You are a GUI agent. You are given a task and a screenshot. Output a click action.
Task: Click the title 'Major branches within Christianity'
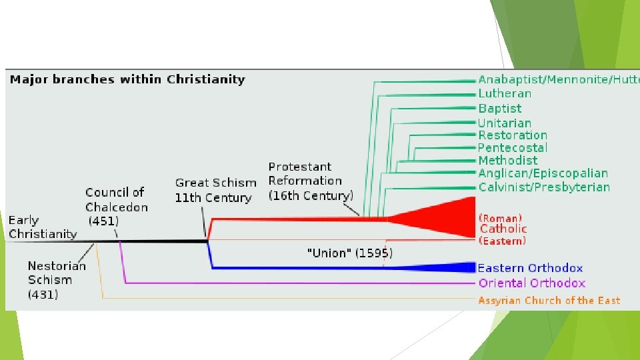[x=127, y=80]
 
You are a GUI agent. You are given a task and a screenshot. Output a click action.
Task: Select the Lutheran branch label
[x=505, y=94]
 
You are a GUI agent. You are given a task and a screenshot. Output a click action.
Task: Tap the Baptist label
[x=500, y=109]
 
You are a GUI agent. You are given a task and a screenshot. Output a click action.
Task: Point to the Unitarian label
[x=505, y=123]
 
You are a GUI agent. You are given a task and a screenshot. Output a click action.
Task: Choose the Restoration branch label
[x=513, y=135]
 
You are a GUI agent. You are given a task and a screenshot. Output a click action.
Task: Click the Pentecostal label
[x=513, y=148]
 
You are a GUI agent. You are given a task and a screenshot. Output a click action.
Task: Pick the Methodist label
[x=508, y=161]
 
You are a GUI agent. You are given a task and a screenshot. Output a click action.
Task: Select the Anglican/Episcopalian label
[x=543, y=173]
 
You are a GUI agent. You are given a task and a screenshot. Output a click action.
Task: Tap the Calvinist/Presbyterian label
[x=544, y=187]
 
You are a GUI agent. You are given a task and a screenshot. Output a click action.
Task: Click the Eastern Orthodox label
[x=530, y=269]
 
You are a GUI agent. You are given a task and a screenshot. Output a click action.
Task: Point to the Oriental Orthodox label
[x=532, y=283]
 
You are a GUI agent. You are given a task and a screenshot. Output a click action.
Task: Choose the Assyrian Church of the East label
[x=549, y=301]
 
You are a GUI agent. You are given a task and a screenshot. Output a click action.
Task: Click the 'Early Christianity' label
[x=42, y=227]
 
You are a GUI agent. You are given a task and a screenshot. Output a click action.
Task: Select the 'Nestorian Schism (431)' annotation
[x=57, y=280]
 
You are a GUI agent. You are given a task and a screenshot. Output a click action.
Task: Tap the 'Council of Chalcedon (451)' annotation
[x=115, y=207]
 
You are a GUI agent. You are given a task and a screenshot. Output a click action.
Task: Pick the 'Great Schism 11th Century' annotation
[x=215, y=190]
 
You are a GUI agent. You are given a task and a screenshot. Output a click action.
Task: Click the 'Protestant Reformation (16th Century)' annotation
[x=310, y=181]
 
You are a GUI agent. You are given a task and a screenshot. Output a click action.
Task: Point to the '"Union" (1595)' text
[x=349, y=253]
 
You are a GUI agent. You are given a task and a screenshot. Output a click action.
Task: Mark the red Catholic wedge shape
[x=447, y=217]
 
